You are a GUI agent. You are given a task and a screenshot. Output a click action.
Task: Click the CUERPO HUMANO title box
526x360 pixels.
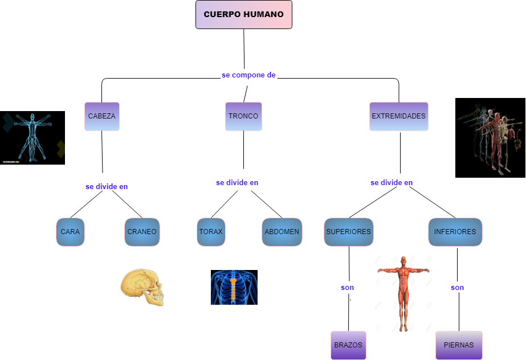(243, 14)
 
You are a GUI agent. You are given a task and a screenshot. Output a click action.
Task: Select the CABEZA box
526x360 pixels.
(102, 116)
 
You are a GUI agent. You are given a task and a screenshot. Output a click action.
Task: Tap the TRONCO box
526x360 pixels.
(243, 116)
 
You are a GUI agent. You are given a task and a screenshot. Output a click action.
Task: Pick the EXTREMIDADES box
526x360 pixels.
(398, 116)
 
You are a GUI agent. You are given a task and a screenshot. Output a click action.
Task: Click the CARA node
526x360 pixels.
(70, 232)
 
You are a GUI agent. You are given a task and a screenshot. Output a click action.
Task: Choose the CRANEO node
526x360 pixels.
(141, 232)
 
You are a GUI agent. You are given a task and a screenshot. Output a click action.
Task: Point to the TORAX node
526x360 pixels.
(211, 232)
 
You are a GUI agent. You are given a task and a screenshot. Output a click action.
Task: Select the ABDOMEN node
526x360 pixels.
(282, 232)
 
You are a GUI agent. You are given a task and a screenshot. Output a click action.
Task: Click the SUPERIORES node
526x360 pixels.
(348, 232)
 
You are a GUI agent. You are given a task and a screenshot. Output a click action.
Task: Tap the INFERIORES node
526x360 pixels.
(455, 232)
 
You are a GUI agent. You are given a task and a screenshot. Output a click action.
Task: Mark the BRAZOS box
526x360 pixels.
(348, 345)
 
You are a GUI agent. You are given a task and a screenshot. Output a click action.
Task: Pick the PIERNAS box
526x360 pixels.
(459, 345)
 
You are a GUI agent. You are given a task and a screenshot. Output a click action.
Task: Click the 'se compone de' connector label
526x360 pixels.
(248, 75)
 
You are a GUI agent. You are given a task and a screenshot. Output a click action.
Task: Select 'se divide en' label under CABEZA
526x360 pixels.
(107, 186)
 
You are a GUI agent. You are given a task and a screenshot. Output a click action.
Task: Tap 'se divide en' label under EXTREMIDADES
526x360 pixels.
(392, 183)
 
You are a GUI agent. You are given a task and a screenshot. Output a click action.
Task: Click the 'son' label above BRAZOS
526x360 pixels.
(348, 288)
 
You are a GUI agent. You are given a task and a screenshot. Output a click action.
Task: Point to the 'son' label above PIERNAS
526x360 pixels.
(457, 288)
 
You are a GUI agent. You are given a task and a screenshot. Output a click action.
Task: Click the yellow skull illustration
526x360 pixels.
(142, 288)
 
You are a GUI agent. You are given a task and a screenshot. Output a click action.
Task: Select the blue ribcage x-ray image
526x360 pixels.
(234, 287)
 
